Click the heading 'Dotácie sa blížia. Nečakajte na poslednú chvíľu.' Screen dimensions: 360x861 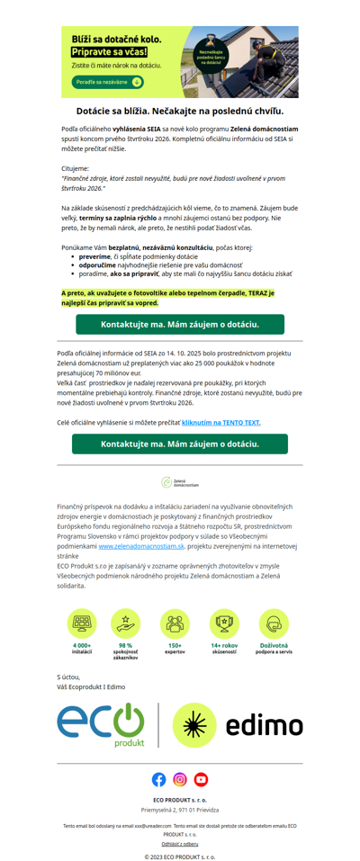coord(180,111)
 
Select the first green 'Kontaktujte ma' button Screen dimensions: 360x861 coord(180,324)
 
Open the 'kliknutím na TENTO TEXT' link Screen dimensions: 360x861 coord(220,421)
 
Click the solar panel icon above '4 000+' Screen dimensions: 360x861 coord(82,623)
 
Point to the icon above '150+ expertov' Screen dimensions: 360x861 coord(175,623)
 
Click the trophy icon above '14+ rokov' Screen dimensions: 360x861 coord(224,623)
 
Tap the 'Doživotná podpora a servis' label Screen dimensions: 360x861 coord(274,648)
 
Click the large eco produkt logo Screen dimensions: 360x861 coord(100,725)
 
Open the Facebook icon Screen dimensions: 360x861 coord(159,779)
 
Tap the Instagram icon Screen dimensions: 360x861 coord(180,779)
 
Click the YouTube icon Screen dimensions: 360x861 coord(201,779)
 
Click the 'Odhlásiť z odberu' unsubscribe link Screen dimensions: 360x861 coord(180,843)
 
